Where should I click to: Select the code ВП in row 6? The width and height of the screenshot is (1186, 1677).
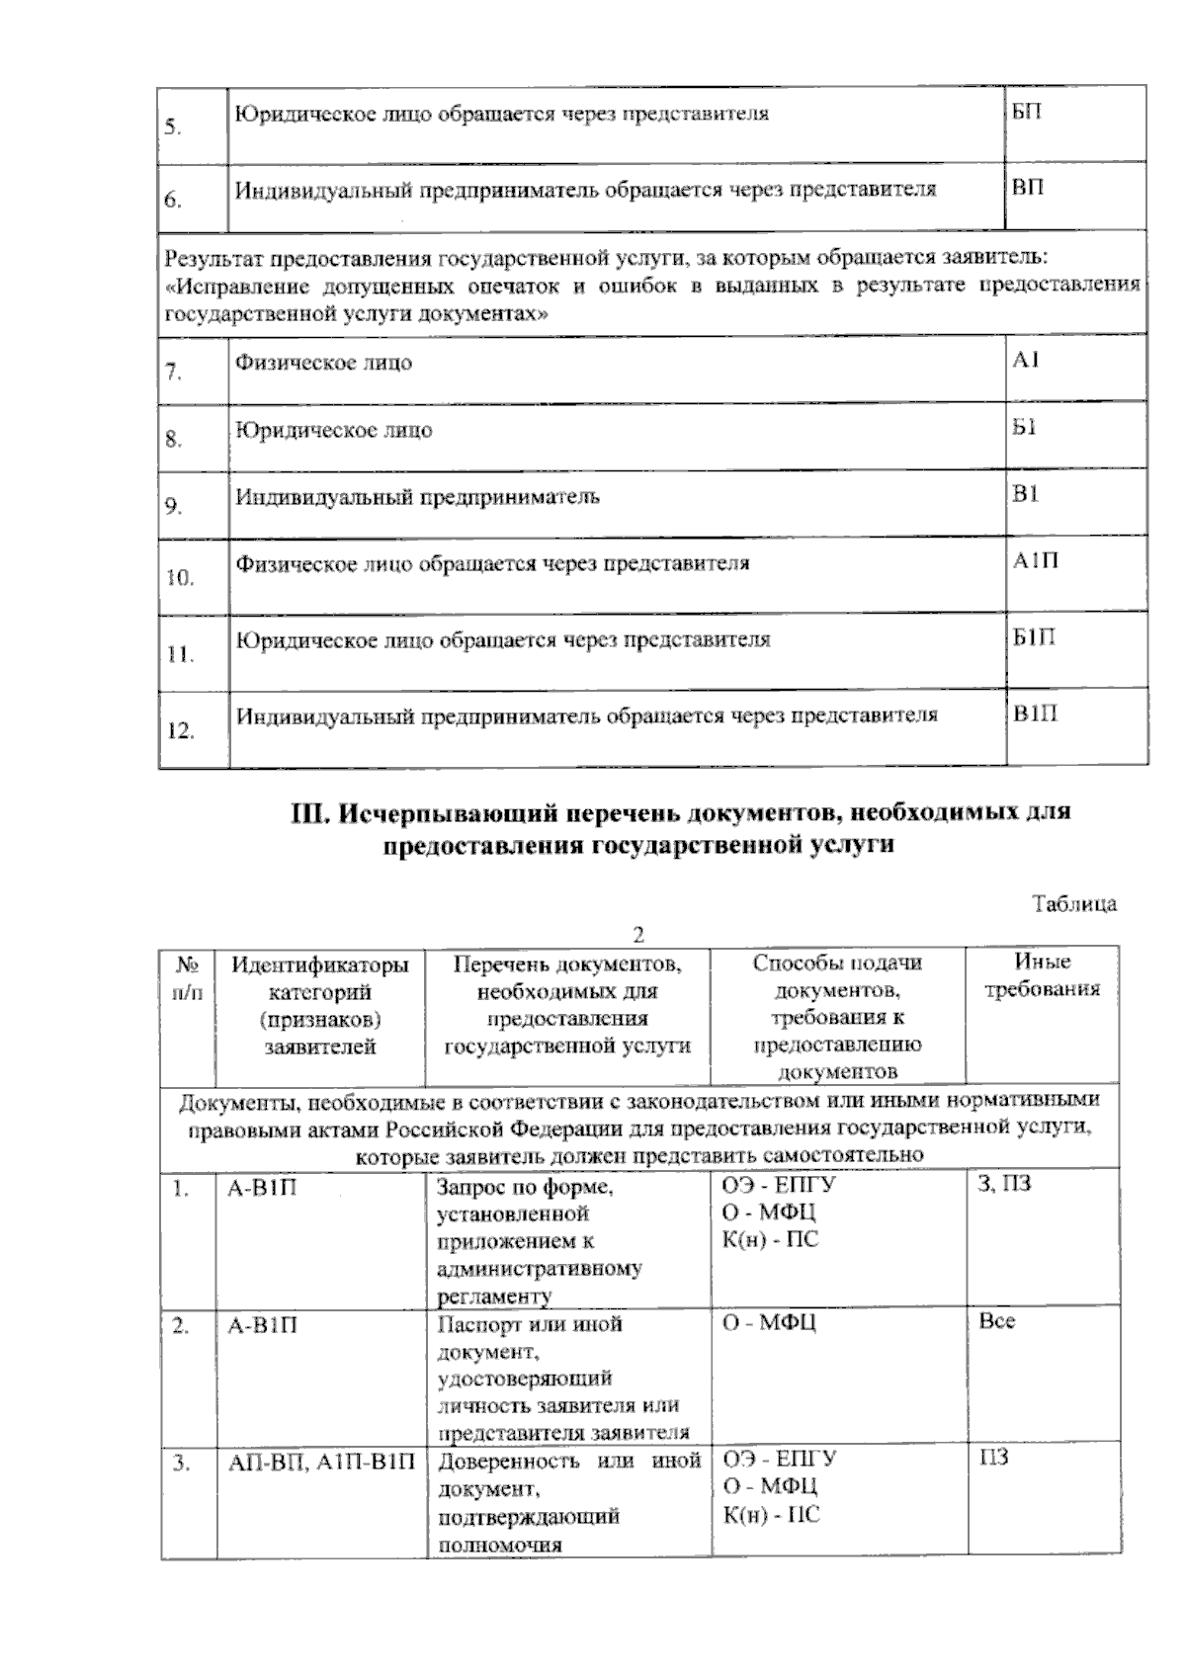[x=1027, y=187]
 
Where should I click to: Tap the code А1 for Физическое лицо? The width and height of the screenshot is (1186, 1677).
[x=1025, y=361]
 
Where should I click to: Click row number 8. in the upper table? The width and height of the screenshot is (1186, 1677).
[x=174, y=440]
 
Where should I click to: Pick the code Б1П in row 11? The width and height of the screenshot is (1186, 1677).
[x=1034, y=637]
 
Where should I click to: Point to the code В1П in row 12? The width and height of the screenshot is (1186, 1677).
[x=1035, y=713]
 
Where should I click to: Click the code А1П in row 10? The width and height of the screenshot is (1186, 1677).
[x=1035, y=561]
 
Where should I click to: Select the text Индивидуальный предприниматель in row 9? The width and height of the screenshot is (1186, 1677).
[x=416, y=497]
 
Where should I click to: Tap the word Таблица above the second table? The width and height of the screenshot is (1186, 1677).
[x=1074, y=903]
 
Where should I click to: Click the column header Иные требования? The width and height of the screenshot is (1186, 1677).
[x=1042, y=975]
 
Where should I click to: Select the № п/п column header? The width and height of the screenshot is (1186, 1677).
[x=188, y=976]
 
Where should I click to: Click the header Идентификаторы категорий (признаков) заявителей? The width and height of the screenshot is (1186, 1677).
[x=319, y=1004]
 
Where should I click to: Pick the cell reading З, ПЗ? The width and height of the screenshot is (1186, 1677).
[x=1003, y=1184]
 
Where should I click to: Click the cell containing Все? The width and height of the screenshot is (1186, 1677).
[x=996, y=1321]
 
